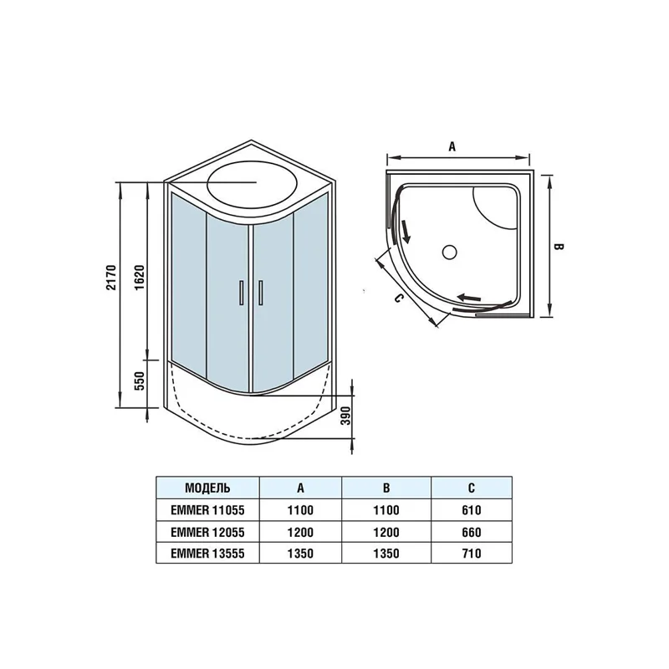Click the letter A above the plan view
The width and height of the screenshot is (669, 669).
coord(452,146)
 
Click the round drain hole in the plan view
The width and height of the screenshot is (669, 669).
coord(448,250)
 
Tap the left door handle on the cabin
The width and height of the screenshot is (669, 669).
coord(241,294)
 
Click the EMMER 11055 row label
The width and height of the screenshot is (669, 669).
coord(207,509)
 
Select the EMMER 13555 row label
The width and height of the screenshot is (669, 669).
coord(207,553)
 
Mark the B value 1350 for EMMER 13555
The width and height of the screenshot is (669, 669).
coord(387,553)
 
